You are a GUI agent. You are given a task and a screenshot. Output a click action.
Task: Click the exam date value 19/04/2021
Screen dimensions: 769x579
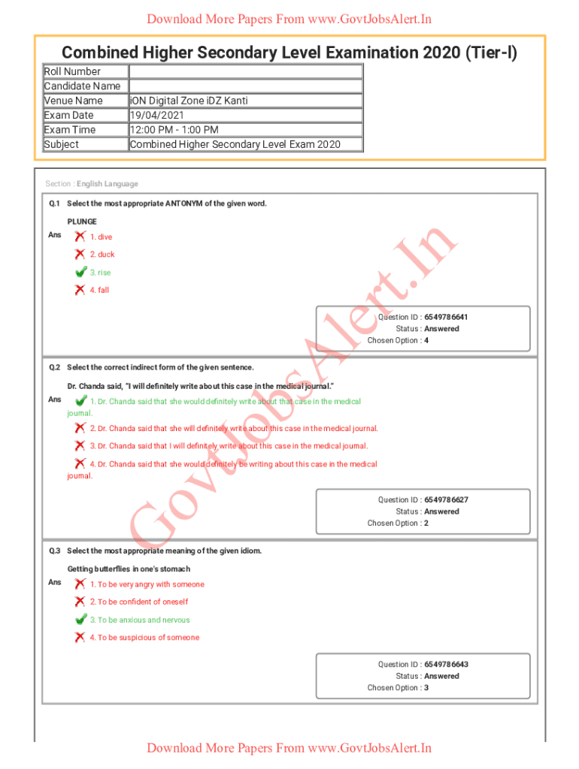coord(154,115)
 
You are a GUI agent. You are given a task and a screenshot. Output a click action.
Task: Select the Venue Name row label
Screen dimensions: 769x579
coord(74,101)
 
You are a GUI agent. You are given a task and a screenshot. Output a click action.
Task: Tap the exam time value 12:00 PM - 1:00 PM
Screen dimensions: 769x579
coord(174,130)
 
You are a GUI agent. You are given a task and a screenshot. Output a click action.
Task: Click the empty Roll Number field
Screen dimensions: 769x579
coord(245,71)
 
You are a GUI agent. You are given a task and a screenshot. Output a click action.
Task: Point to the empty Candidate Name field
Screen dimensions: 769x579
coord(245,86)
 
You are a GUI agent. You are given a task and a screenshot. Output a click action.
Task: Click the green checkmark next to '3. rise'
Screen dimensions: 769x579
coord(80,272)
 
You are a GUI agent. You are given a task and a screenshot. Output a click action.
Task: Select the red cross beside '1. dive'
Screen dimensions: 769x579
coord(80,237)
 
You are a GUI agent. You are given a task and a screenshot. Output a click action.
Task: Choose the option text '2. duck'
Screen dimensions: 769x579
coord(102,255)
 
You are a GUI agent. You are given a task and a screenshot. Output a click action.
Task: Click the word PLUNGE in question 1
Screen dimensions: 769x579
coord(82,222)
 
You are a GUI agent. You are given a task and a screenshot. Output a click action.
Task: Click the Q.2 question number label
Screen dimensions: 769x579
coord(54,367)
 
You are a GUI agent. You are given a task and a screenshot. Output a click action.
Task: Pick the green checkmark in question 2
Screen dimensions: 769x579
coord(80,401)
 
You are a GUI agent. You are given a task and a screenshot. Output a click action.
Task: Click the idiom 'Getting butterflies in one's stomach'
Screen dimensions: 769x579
coord(129,569)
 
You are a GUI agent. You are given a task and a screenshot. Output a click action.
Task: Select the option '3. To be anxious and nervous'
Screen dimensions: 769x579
coord(140,620)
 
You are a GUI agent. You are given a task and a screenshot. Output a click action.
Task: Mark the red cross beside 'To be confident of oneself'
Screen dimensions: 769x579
coord(80,602)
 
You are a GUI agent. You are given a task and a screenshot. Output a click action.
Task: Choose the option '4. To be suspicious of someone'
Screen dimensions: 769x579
coord(144,638)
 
